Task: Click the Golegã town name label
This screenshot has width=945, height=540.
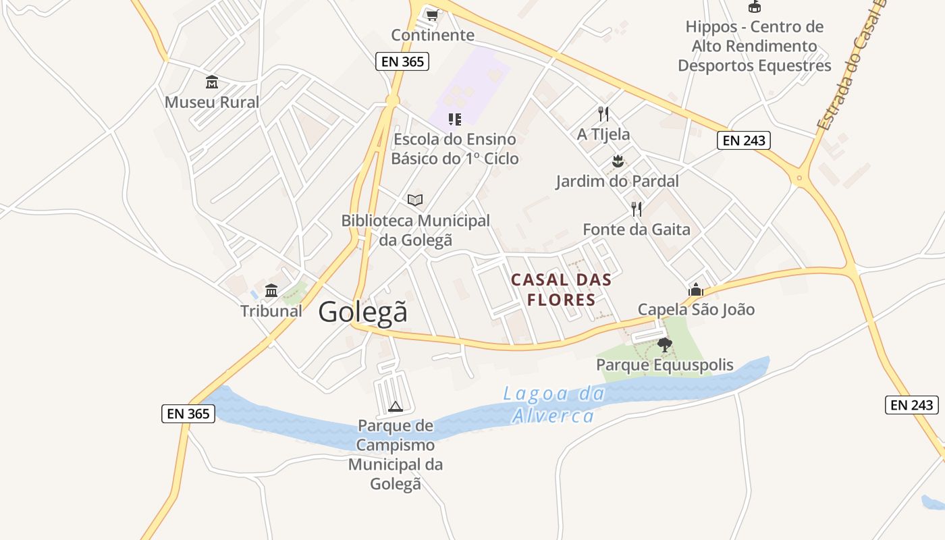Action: [363, 312]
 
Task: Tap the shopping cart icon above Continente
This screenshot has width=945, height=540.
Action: [432, 15]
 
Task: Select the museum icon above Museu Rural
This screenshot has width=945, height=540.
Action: [212, 82]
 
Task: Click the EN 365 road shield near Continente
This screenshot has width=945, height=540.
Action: [402, 62]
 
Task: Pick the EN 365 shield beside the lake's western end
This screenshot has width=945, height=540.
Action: [188, 414]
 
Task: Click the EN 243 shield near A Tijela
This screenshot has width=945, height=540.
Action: [743, 140]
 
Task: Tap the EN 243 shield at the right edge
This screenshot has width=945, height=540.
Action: [912, 405]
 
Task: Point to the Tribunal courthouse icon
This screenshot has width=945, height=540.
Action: [271, 291]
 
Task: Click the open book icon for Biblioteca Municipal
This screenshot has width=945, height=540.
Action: [415, 200]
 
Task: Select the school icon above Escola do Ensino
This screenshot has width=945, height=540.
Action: [455, 119]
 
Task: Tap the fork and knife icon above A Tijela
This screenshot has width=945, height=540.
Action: [603, 113]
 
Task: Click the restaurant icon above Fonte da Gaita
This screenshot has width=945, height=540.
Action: [637, 209]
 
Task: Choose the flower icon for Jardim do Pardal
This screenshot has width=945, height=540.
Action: [617, 161]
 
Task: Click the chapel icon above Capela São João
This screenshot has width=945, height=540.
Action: [695, 290]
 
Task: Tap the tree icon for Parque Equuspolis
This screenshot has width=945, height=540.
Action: [664, 345]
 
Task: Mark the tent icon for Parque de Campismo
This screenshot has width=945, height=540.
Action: [396, 406]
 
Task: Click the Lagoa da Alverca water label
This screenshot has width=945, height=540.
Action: [553, 404]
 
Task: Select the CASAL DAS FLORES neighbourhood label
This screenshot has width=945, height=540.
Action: [561, 290]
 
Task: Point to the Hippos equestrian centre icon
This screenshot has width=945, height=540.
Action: [754, 7]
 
